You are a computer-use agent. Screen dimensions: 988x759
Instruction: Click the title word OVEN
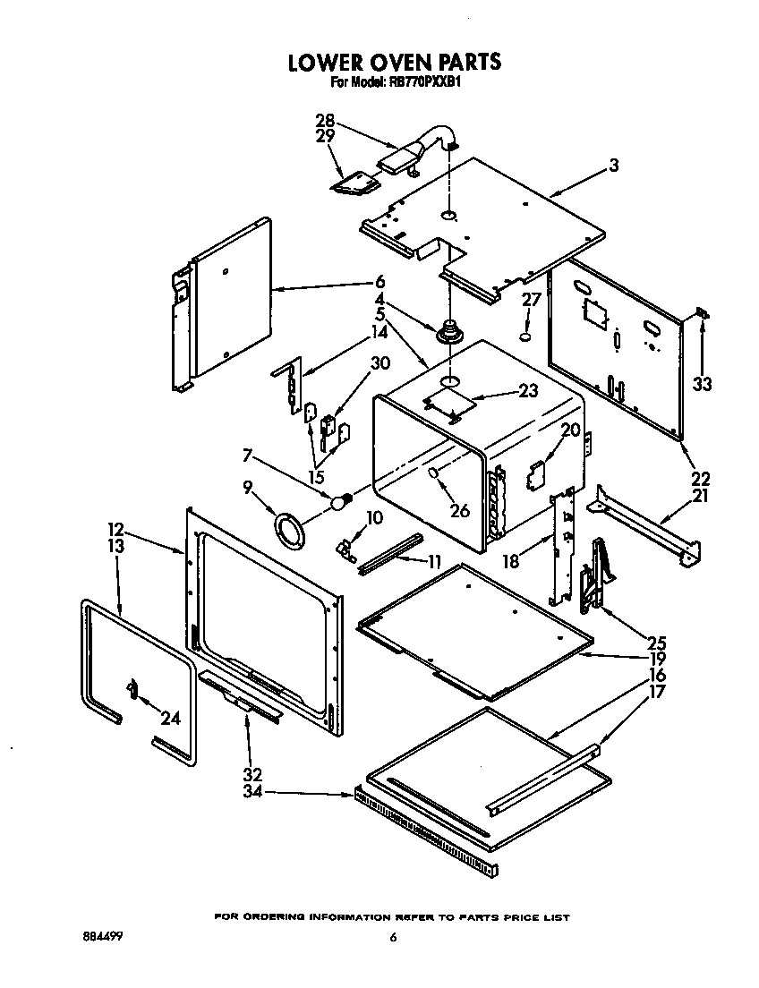pyautogui.click(x=383, y=63)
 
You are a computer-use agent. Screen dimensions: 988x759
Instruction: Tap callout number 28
pyautogui.click(x=325, y=120)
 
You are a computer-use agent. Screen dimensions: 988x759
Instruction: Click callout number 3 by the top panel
pyautogui.click(x=614, y=165)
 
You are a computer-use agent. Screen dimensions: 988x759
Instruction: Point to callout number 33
pyautogui.click(x=703, y=384)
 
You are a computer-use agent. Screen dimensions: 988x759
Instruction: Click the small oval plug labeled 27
pyautogui.click(x=526, y=338)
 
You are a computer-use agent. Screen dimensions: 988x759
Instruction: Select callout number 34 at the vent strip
pyautogui.click(x=252, y=792)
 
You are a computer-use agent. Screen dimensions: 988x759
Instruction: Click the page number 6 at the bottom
pyautogui.click(x=392, y=938)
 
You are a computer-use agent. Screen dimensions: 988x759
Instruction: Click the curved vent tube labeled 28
pyautogui.click(x=430, y=143)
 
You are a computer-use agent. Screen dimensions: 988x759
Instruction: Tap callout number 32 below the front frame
pyautogui.click(x=252, y=774)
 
